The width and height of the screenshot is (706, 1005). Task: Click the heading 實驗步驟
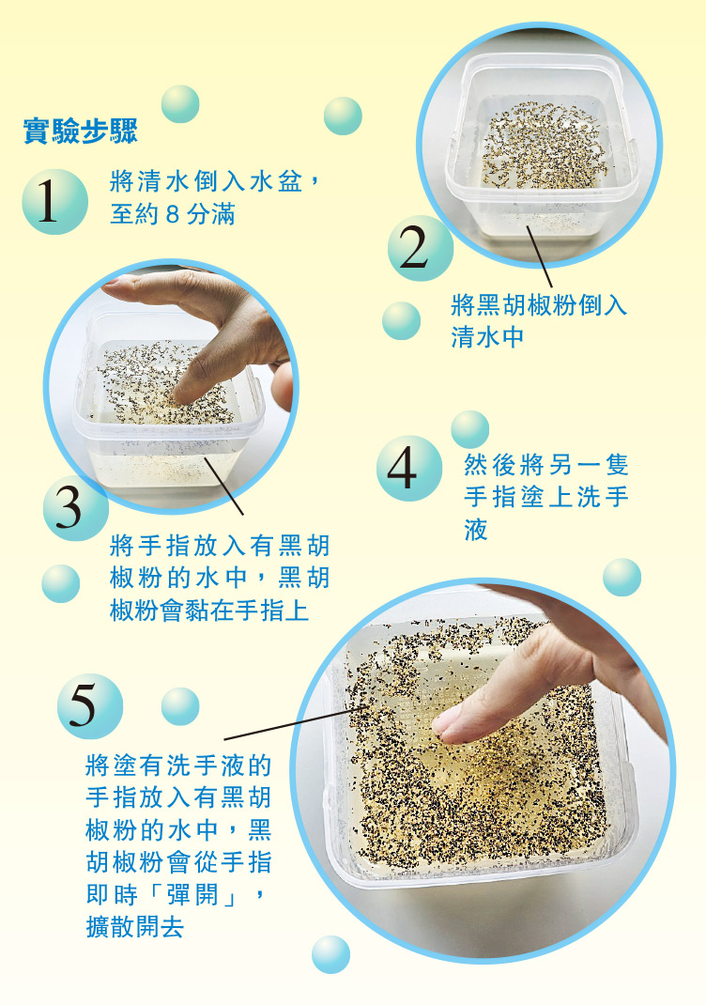click(x=81, y=131)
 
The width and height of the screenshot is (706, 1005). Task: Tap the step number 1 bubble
click(x=54, y=201)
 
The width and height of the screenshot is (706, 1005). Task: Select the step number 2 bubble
click(x=421, y=248)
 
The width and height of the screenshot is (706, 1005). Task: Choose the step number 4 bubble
click(x=409, y=469)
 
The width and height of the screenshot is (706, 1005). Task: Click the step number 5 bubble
click(x=90, y=706)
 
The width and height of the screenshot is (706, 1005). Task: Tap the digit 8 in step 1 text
click(x=172, y=214)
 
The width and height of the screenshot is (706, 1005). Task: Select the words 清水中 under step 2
click(x=487, y=337)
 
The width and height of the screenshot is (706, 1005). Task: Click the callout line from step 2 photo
click(x=539, y=256)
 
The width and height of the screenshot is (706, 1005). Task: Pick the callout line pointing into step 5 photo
click(x=297, y=723)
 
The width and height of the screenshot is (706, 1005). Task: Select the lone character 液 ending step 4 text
click(x=476, y=530)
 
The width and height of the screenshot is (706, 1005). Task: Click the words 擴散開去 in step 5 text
click(x=135, y=927)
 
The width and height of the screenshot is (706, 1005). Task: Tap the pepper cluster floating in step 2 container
click(x=545, y=146)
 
